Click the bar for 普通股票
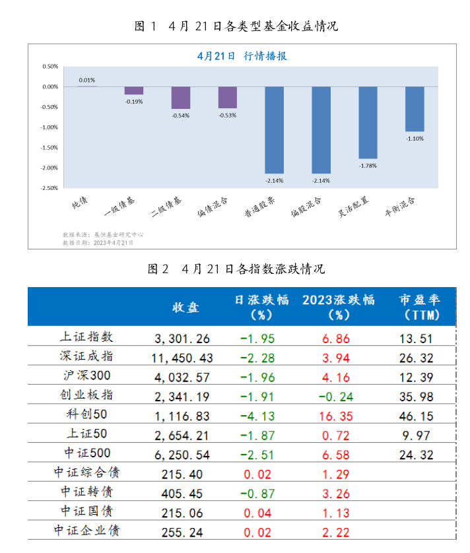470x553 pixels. (x=275, y=130)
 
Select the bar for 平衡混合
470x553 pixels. (x=415, y=109)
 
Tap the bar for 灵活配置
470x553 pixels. (x=368, y=123)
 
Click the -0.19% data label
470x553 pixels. (x=134, y=102)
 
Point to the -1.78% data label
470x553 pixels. (x=368, y=166)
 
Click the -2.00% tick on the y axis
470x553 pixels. (x=50, y=168)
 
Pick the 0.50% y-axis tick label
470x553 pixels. (x=50, y=67)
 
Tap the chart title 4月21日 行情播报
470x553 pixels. (x=242, y=56)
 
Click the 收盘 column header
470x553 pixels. (x=185, y=308)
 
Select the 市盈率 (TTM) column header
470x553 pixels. (x=420, y=308)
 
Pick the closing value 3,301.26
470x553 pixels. (x=182, y=339)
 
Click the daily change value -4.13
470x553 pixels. (x=256, y=415)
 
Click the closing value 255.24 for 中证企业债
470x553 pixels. (x=182, y=531)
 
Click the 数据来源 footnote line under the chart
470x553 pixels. (x=103, y=234)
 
